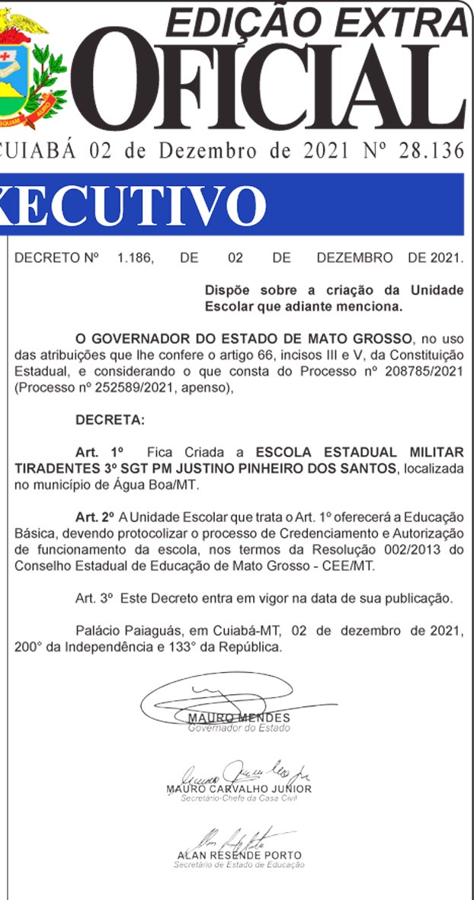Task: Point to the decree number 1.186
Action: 135,258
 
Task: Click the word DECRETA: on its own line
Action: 110,420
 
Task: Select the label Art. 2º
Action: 94,517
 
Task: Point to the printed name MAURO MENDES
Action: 239,718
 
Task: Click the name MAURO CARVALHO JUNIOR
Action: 239,789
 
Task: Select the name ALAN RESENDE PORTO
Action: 239,855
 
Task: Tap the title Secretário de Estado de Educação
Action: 239,865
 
